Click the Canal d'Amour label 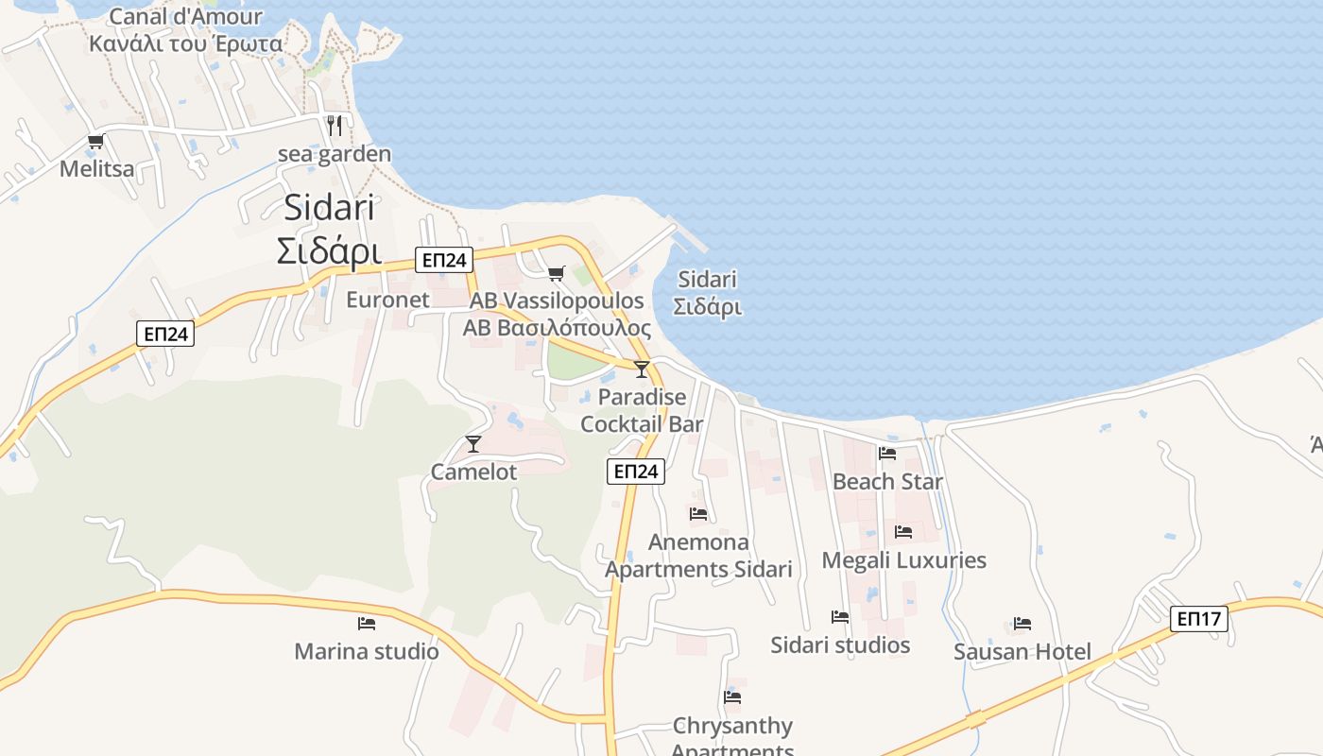click(185, 17)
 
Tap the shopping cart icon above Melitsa click(95, 142)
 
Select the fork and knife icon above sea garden click(335, 125)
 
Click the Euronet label click(387, 300)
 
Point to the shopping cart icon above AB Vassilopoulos click(557, 273)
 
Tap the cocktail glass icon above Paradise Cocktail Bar click(642, 369)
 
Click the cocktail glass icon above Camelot click(473, 443)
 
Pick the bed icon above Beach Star click(887, 454)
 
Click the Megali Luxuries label click(903, 560)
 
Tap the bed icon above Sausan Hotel click(1022, 624)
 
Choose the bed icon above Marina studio click(367, 624)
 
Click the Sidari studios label click(840, 645)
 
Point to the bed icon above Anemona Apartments click(698, 514)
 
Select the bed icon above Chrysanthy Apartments click(732, 697)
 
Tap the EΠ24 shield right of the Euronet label click(443, 260)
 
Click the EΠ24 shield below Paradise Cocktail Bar click(636, 472)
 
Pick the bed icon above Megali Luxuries click(903, 532)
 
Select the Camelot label click(473, 472)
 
